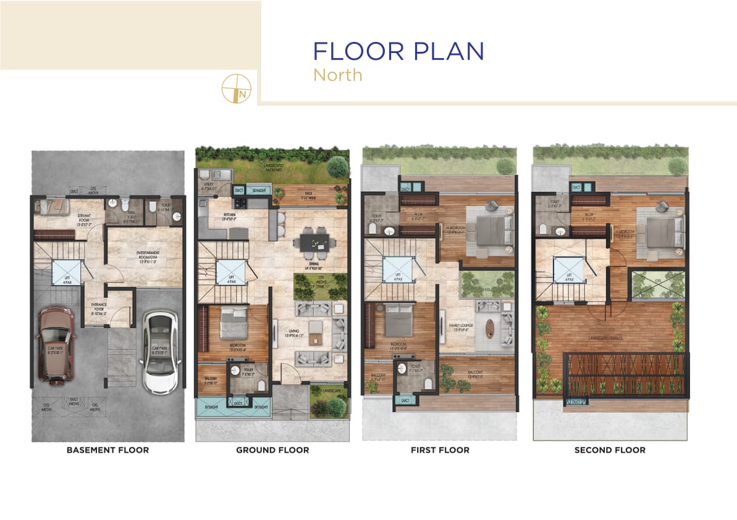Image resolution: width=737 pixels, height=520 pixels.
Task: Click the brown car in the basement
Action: click(55, 344)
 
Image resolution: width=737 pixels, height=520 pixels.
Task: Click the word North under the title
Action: click(337, 75)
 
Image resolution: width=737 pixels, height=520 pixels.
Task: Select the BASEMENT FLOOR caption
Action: click(107, 450)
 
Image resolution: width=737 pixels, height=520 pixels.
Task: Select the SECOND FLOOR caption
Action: click(610, 450)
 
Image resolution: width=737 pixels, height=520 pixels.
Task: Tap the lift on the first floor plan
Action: click(395, 270)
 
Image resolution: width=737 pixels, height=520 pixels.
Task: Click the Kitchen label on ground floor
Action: click(214, 215)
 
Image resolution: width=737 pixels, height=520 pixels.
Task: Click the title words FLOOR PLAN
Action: click(398, 51)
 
